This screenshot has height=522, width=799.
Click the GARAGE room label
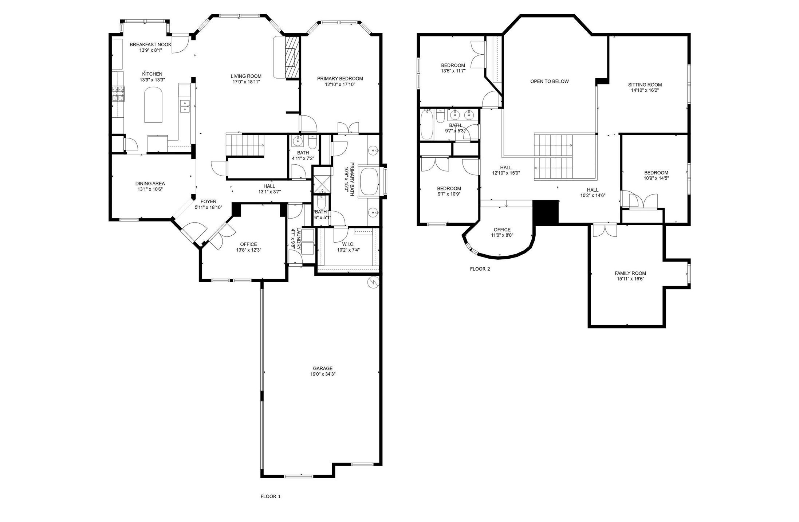(323, 368)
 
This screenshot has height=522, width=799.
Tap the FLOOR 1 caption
(271, 496)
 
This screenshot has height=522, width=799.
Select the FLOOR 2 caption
(480, 269)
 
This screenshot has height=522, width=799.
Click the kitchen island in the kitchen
(153, 106)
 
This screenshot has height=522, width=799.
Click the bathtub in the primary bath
(369, 182)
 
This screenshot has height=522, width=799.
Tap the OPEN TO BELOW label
(549, 81)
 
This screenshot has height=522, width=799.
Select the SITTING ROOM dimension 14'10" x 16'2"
(645, 90)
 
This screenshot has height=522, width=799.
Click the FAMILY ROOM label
(630, 273)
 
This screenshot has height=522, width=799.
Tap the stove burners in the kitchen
(118, 93)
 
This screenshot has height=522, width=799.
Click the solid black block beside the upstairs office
(545, 212)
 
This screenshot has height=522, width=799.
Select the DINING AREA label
(150, 184)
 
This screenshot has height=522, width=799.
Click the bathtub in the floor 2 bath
(426, 125)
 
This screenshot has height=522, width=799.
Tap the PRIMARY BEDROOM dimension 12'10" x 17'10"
(340, 85)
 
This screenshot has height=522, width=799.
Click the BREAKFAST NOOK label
(150, 44)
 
